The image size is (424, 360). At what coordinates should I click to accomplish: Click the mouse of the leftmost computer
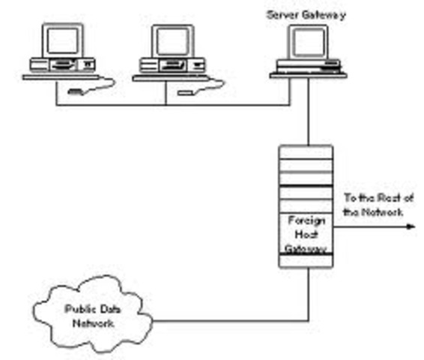76,93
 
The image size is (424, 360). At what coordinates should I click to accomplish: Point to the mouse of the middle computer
186,93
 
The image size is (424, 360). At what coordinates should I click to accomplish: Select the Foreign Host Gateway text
306,232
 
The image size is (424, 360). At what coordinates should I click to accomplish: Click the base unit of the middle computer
170,67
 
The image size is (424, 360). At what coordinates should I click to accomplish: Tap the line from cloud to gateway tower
225,323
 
